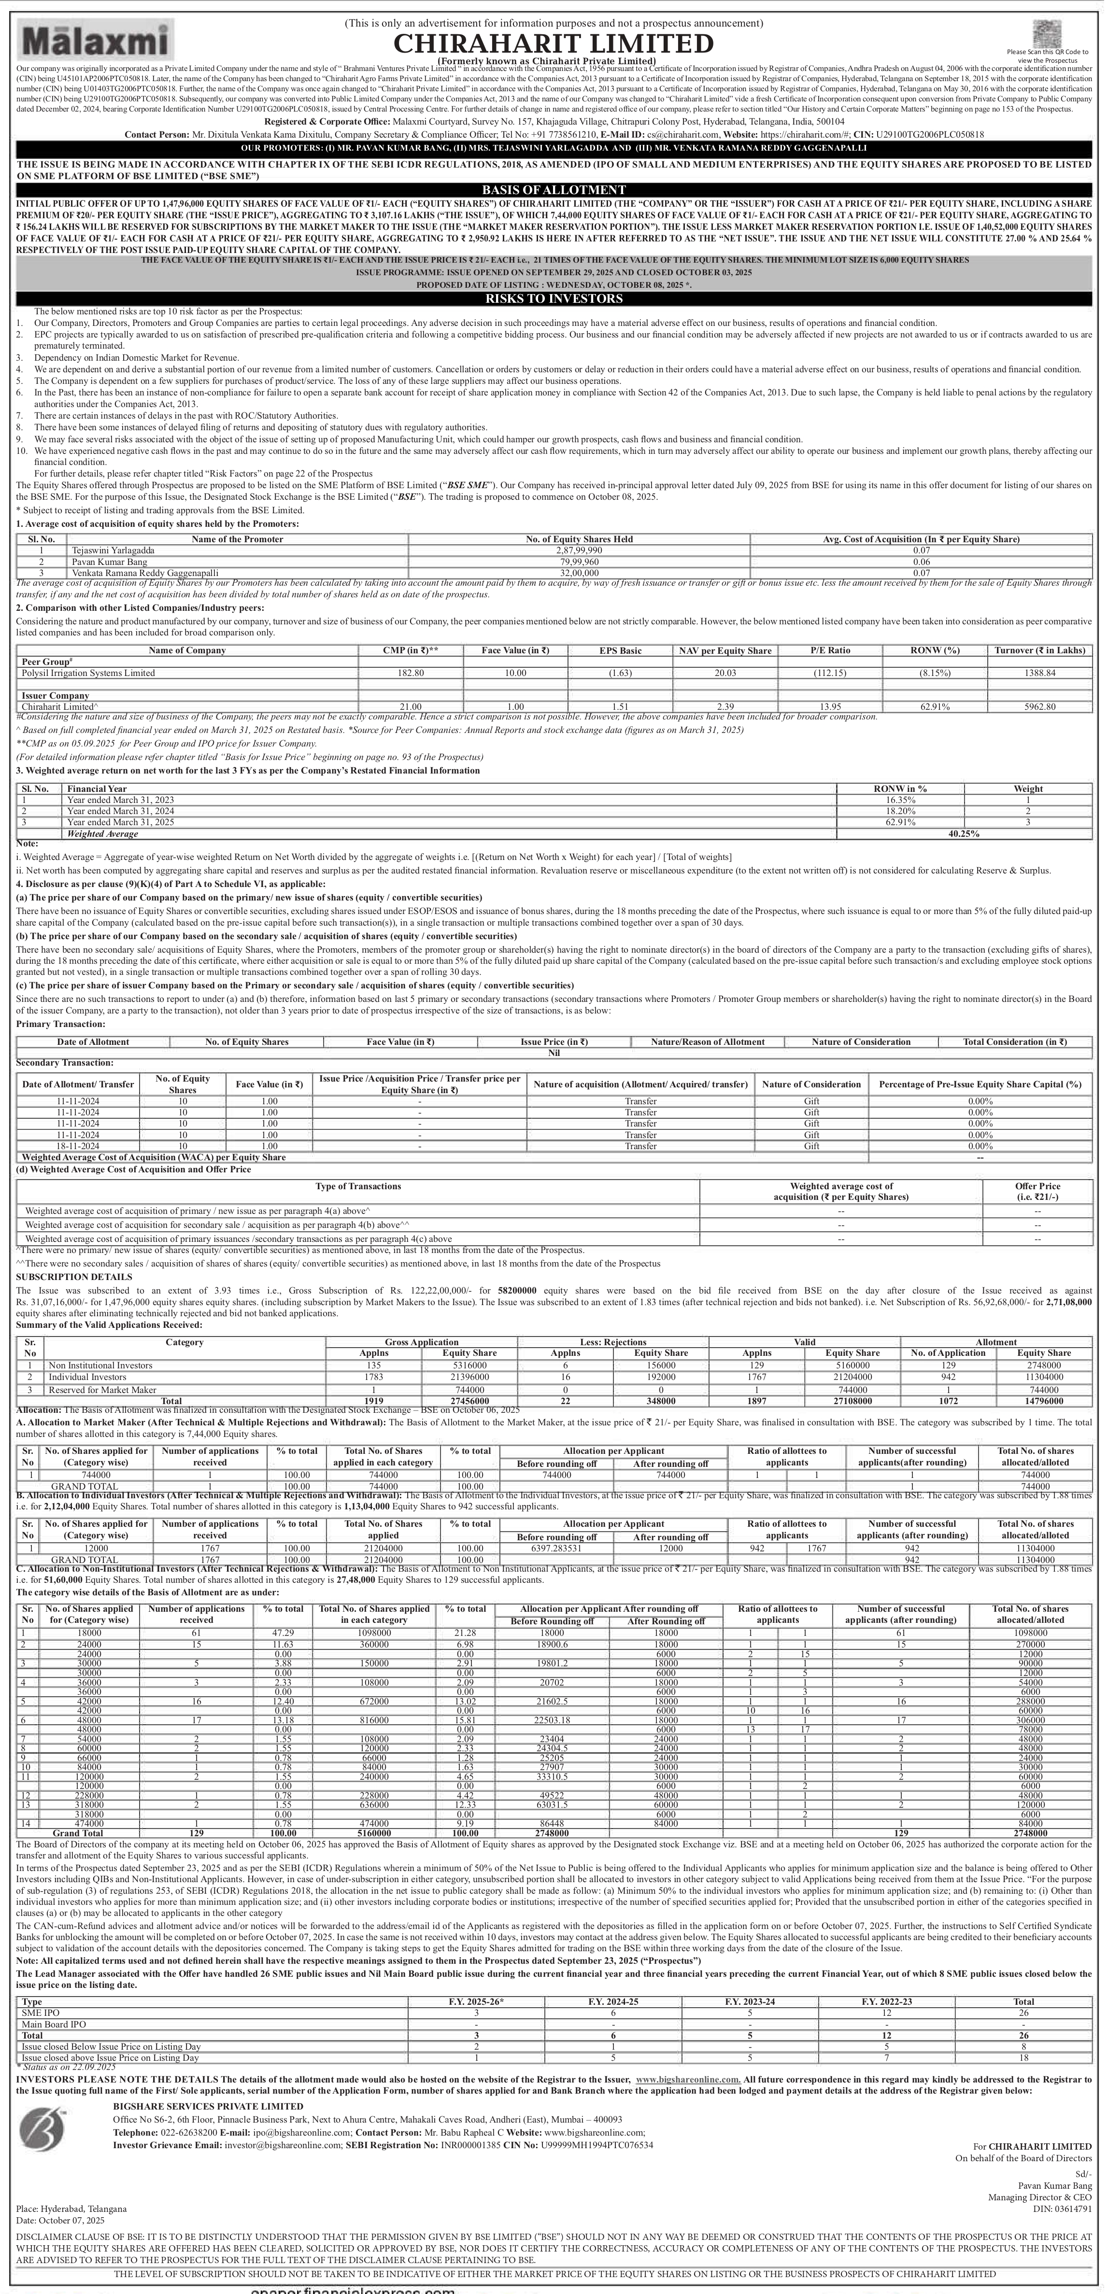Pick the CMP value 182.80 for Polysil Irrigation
click(x=411, y=673)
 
